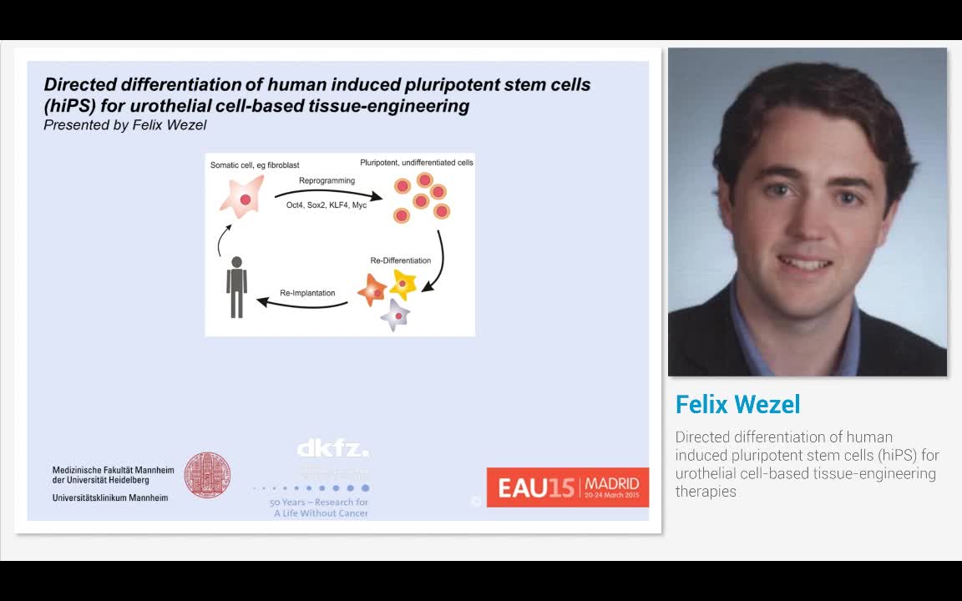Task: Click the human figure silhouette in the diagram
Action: coord(237,287)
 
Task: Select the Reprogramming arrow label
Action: coord(327,180)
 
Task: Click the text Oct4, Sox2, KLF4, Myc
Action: coord(327,205)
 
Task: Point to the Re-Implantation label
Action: coord(307,293)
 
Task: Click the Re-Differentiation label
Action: coord(401,260)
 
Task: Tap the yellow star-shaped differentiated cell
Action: coord(403,284)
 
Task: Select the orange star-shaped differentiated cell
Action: coord(372,290)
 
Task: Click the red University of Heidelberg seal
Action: coord(207,476)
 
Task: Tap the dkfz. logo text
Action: coord(332,449)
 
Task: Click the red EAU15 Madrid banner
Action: coord(568,487)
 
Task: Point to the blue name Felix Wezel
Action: coord(737,405)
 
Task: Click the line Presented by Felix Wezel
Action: coord(125,125)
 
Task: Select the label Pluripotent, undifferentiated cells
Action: coord(417,163)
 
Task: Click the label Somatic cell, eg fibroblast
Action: coord(255,165)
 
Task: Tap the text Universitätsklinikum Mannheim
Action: coord(109,497)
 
